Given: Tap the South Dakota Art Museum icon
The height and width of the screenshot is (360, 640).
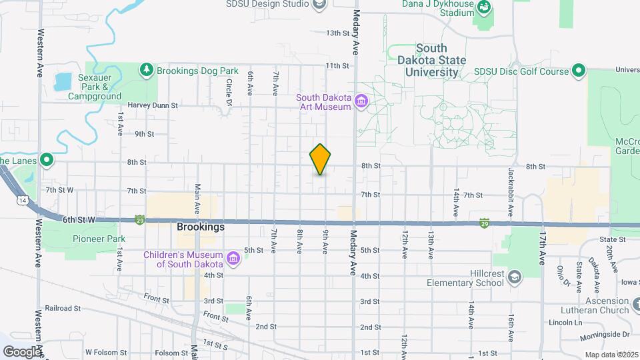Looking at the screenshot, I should pos(361,102).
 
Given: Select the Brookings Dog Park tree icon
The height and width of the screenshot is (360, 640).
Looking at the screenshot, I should pos(146,69).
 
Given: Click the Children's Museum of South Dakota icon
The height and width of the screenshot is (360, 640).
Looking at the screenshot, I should pos(233,257).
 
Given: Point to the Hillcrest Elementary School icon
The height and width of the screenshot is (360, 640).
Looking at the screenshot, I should pos(514,277).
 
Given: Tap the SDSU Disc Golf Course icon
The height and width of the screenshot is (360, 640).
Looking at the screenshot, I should pos(579,71).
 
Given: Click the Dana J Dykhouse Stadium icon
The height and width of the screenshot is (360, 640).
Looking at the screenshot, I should pos(484,9).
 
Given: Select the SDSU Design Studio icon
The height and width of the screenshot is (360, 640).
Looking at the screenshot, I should pos(319,5).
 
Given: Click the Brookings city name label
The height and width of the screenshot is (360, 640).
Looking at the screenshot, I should pos(201,227).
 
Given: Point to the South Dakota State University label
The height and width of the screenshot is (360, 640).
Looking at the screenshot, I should pos(432,60).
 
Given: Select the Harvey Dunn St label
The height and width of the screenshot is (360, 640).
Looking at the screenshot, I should pos(153,105).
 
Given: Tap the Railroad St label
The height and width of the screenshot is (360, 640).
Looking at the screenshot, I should pos(63,309).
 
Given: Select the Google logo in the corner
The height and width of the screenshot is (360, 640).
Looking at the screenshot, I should pos(22,351).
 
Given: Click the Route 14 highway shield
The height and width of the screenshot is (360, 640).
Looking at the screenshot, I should pos(23,201).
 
